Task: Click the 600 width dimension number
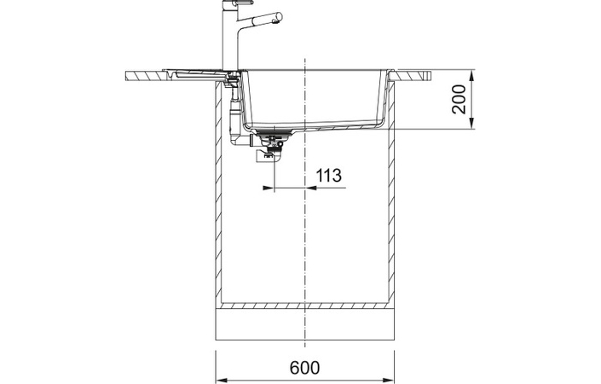(x=304, y=368)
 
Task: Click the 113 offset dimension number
(x=328, y=175)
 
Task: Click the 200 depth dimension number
(x=459, y=99)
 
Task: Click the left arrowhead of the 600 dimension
(x=222, y=379)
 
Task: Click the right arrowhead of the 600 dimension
(x=388, y=379)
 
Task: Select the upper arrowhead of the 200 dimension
(x=471, y=76)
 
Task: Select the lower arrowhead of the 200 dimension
(x=471, y=123)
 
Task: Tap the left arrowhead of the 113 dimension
(x=269, y=188)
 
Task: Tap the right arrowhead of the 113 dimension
(x=311, y=188)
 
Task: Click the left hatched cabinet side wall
(x=219, y=191)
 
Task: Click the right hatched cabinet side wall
(x=391, y=191)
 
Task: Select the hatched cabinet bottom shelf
(x=305, y=305)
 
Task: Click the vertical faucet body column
(x=230, y=37)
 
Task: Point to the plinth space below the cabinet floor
(x=305, y=324)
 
